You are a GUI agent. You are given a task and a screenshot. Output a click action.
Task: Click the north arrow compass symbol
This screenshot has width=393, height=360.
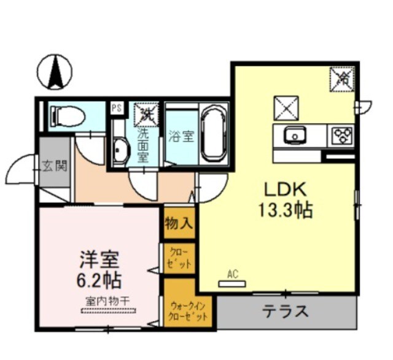(x=54, y=72)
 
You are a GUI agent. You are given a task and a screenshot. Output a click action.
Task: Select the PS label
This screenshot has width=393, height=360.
(x=117, y=108)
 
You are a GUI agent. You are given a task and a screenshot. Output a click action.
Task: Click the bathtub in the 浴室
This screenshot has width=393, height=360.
(x=213, y=132)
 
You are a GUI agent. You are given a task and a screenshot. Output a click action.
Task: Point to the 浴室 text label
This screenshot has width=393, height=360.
(x=181, y=136)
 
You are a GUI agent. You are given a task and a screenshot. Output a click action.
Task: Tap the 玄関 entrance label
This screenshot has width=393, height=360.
(x=55, y=166)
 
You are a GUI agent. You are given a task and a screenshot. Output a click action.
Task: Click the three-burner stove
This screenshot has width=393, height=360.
(x=340, y=135)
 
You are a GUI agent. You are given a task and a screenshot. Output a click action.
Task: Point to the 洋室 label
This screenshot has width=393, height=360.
(x=98, y=259)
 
